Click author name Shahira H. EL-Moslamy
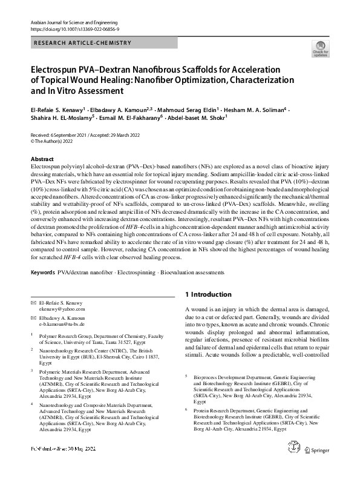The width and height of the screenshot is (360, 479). point(59,119)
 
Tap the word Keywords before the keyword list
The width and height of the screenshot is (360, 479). point(44,273)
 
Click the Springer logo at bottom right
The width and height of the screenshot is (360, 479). point(317,466)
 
